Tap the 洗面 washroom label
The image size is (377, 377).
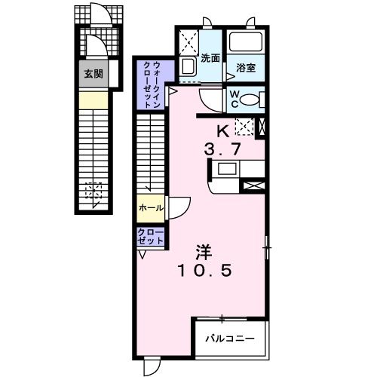pyautogui.click(x=210, y=58)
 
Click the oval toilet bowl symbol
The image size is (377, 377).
pyautogui.click(x=254, y=98)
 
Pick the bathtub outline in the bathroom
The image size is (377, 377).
pyautogui.click(x=244, y=44)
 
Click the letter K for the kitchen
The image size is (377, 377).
pyautogui.click(x=224, y=129)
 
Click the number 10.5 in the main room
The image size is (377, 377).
pyautogui.click(x=205, y=269)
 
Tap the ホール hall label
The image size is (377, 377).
pyautogui.click(x=150, y=207)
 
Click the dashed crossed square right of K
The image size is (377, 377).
pyautogui.click(x=243, y=127)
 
